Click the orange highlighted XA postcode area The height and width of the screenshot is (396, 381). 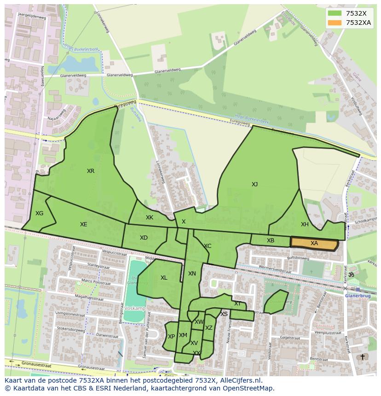(314, 243)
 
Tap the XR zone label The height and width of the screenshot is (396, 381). (91, 171)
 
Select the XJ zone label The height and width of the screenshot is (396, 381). (254, 184)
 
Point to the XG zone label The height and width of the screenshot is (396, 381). (39, 213)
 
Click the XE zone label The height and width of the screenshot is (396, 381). (83, 224)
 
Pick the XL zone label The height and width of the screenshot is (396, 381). (164, 278)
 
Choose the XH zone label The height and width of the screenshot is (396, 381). (305, 224)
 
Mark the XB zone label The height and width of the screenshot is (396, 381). (271, 241)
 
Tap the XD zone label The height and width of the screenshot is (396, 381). (144, 238)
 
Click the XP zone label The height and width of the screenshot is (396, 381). (171, 337)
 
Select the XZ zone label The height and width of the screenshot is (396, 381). (209, 328)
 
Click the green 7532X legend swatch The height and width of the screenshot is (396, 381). (335, 13)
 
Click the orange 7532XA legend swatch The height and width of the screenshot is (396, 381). (335, 23)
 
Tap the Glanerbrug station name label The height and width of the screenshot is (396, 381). (358, 296)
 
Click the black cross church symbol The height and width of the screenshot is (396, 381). (362, 357)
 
